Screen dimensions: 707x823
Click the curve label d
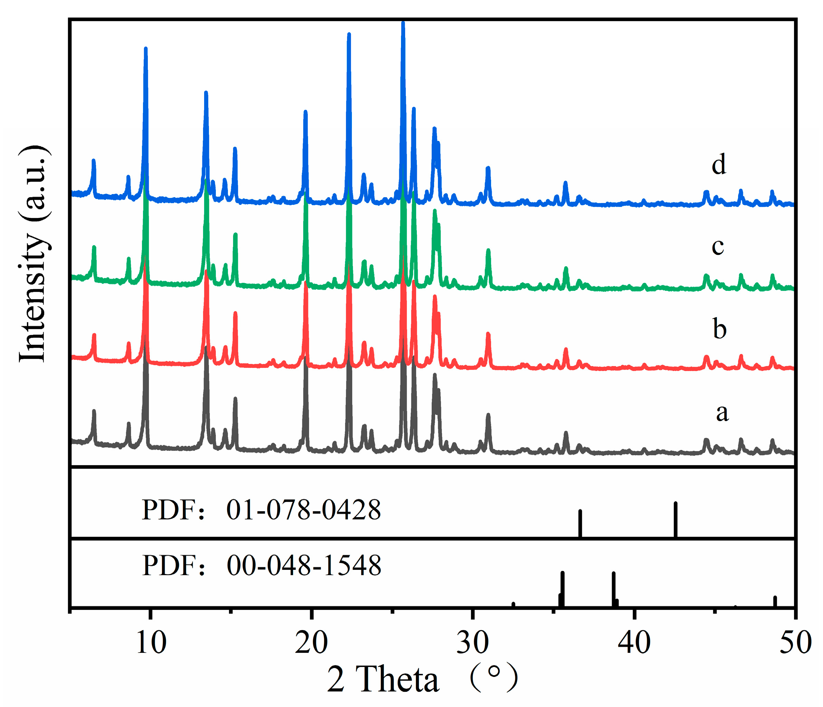pos(719,164)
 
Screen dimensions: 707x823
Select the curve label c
pos(718,247)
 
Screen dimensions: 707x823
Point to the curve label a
pos(722,413)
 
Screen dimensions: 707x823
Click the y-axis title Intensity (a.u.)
pos(35,254)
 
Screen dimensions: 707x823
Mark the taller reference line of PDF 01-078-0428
pos(675,520)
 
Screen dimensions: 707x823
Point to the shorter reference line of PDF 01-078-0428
pos(580,524)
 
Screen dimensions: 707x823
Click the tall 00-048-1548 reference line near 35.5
pos(562,589)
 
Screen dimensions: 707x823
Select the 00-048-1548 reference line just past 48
pos(775,601)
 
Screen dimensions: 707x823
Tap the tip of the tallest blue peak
pos(403,24)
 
